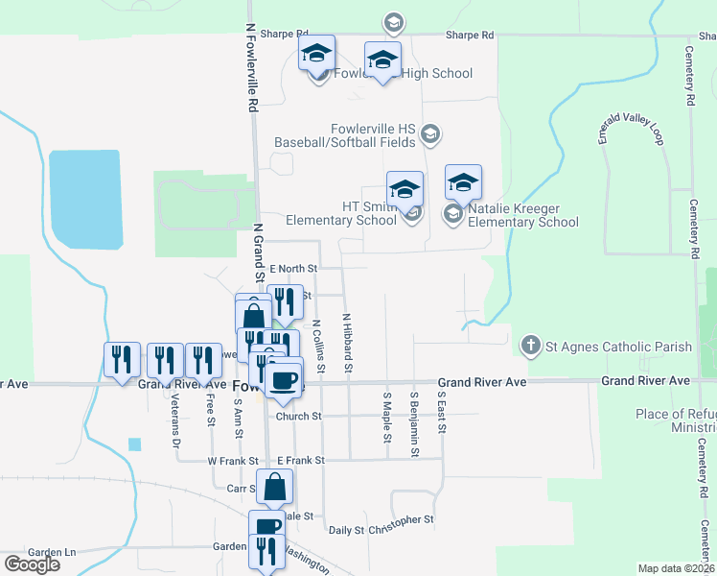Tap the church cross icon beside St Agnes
(530, 346)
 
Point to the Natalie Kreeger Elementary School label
(518, 215)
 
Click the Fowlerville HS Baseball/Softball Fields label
(345, 135)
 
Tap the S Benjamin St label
(415, 417)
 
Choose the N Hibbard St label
(348, 344)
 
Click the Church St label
(299, 417)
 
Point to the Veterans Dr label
(175, 422)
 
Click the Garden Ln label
(52, 552)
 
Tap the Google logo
(33, 564)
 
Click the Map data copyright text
(676, 568)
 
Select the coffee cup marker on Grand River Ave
(284, 379)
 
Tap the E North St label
(293, 269)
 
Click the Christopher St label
(401, 520)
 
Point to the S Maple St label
(387, 417)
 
